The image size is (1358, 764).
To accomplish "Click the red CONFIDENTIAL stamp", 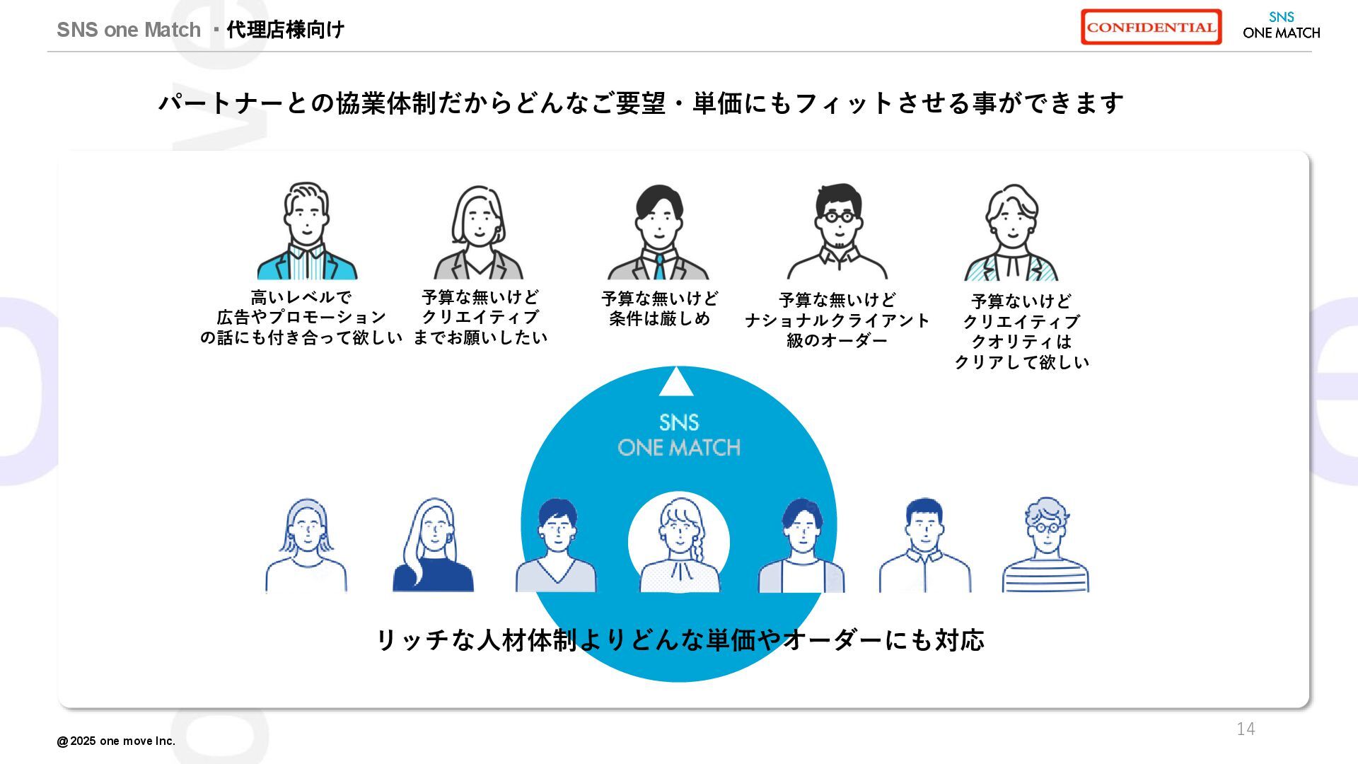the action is (1151, 27).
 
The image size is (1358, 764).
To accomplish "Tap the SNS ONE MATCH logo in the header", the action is (1281, 25).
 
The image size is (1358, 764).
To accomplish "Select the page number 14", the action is (1246, 729).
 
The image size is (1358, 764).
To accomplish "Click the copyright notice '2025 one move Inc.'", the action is (117, 741).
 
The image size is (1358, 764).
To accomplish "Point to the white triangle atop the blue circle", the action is (676, 382).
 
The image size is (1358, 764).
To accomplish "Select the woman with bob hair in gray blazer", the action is (478, 233).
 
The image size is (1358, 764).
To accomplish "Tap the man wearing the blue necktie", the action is (658, 233).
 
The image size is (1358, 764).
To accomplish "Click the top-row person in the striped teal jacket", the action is (1012, 233).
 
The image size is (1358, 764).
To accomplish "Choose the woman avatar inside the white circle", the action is (679, 545).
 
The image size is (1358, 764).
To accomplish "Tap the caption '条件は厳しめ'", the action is (659, 319).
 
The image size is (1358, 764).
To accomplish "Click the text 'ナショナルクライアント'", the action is (837, 320).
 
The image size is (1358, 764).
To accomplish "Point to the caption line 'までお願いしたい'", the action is (480, 337).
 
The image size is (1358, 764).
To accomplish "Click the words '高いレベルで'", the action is (301, 297).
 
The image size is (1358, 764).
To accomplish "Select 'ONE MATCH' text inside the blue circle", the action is (679, 448).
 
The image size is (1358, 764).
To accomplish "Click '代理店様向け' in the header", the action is (285, 30).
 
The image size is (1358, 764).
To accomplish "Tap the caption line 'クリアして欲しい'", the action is (1021, 362).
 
